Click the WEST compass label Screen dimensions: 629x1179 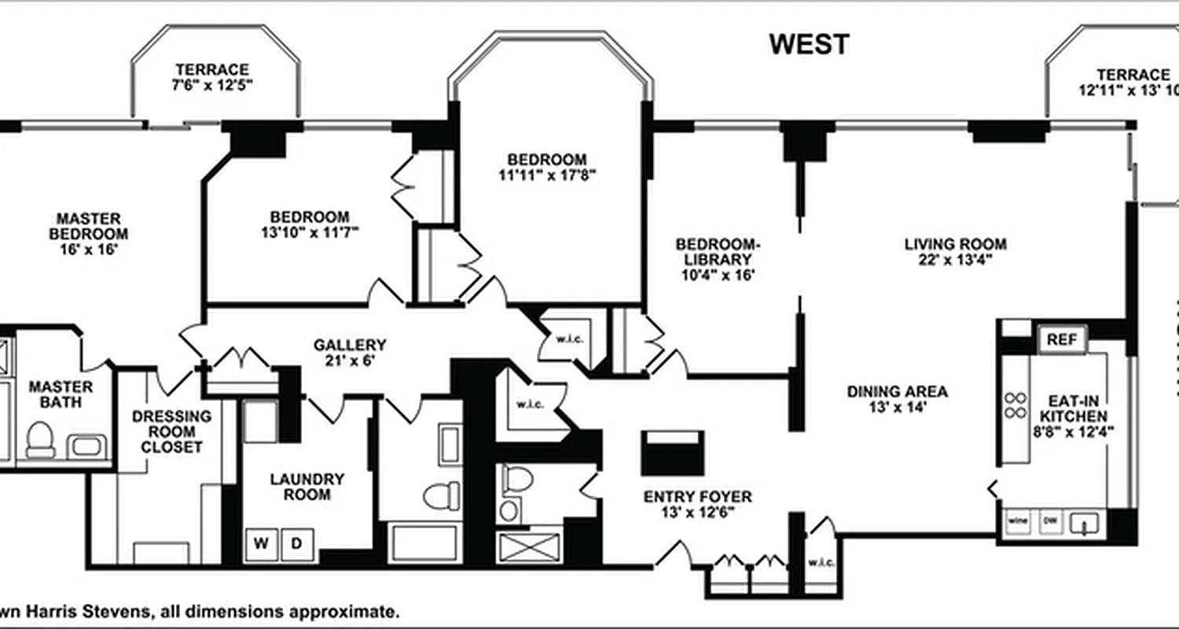pyautogui.click(x=809, y=44)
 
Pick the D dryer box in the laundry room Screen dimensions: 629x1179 pyautogui.click(x=297, y=543)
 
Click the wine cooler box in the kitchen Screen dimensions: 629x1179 pyautogui.click(x=1018, y=521)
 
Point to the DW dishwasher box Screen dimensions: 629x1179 pyautogui.click(x=1049, y=521)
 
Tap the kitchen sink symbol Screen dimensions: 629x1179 pyautogui.click(x=1086, y=523)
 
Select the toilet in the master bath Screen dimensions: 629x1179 pyautogui.click(x=39, y=440)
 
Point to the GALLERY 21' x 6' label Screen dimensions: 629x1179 pyautogui.click(x=350, y=352)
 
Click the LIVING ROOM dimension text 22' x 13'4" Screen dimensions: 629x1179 pyautogui.click(x=955, y=262)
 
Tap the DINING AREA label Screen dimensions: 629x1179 pyautogui.click(x=897, y=391)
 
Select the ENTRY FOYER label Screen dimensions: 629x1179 pyautogui.click(x=697, y=497)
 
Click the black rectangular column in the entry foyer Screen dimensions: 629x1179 pyautogui.click(x=672, y=453)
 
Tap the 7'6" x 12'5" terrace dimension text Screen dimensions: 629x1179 pyautogui.click(x=211, y=86)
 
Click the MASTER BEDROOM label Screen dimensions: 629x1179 pyautogui.click(x=88, y=226)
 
